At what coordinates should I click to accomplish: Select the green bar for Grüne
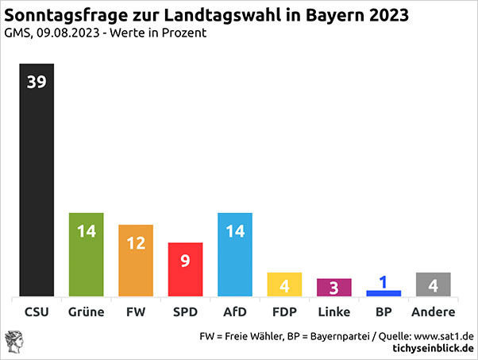pyautogui.click(x=87, y=254)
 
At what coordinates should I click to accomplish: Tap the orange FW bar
pyautogui.click(x=136, y=261)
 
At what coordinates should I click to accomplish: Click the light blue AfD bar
pyautogui.click(x=234, y=254)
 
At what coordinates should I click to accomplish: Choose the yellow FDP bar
pyautogui.click(x=283, y=285)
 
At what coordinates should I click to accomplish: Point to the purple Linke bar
pyautogui.click(x=333, y=288)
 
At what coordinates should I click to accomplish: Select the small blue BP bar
pyautogui.click(x=383, y=293)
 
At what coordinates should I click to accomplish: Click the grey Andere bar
pyautogui.click(x=433, y=285)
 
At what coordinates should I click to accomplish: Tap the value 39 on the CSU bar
pyautogui.click(x=37, y=83)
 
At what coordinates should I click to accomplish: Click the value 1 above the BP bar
pyautogui.click(x=383, y=281)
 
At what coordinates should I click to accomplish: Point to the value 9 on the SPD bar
pyautogui.click(x=185, y=260)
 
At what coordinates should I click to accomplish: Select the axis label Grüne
pyautogui.click(x=87, y=312)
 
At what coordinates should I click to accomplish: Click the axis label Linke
pyautogui.click(x=333, y=312)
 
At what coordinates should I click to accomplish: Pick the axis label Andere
pyautogui.click(x=433, y=312)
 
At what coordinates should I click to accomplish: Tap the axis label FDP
pyautogui.click(x=283, y=312)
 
